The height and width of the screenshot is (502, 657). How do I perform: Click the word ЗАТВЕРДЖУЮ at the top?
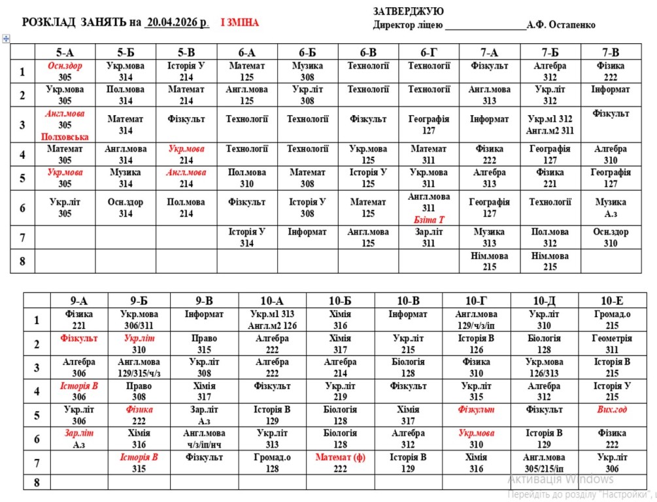(x=408, y=12)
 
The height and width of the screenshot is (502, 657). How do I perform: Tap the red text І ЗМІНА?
(x=239, y=22)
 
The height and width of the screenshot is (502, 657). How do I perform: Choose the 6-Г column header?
(x=429, y=52)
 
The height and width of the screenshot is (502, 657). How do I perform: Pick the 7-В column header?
(x=610, y=52)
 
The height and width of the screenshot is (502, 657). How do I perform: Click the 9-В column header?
(x=204, y=301)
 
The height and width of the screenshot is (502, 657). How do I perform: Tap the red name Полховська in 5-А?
(x=65, y=137)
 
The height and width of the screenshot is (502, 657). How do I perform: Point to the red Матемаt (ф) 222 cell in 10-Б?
(x=340, y=463)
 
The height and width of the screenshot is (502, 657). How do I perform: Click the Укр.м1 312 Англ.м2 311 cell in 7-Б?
(x=550, y=125)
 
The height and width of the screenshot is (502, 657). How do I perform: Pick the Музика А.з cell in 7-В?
(x=611, y=208)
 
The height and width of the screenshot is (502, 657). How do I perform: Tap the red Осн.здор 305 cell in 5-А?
(x=64, y=71)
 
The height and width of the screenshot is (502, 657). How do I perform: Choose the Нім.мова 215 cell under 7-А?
(x=489, y=261)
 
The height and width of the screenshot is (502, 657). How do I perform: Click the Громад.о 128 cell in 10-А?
(x=272, y=463)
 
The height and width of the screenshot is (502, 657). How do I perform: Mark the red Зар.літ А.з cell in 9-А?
(x=79, y=439)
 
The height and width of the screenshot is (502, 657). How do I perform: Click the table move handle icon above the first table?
(x=6, y=39)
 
